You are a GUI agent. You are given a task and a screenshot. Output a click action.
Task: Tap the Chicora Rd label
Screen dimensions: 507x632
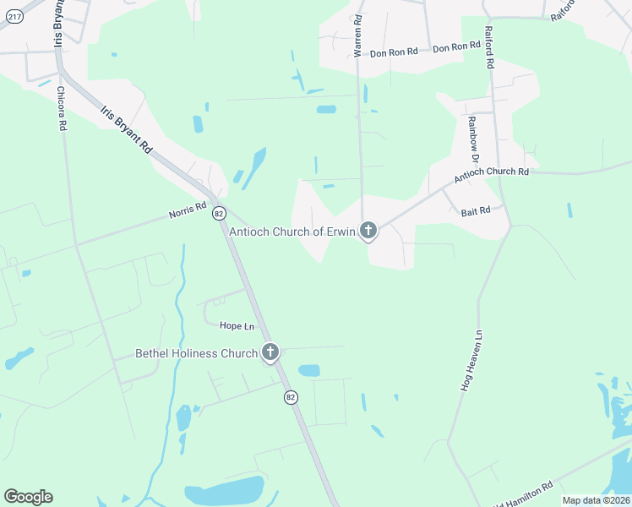[x=62, y=107]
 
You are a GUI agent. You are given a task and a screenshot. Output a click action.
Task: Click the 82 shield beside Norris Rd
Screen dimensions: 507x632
[x=219, y=212]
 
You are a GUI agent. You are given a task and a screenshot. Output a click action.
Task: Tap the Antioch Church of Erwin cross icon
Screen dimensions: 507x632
[x=368, y=229]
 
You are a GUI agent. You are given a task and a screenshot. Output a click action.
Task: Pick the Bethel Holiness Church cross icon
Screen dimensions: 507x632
[x=270, y=352]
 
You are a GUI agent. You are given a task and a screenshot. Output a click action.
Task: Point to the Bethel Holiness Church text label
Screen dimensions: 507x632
[x=196, y=353]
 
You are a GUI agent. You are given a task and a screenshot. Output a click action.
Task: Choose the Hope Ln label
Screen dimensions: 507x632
[x=237, y=325]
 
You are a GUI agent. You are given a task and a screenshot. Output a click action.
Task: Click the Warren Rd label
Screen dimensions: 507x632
[x=358, y=35]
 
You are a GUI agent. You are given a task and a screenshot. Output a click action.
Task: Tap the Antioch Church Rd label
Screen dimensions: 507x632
[x=491, y=175]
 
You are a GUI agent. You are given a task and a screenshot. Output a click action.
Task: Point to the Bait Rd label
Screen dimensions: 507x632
[x=476, y=210]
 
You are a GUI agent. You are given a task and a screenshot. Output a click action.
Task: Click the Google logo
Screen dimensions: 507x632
[x=28, y=497]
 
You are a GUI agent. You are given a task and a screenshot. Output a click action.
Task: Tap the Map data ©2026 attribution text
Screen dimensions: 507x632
[x=595, y=500]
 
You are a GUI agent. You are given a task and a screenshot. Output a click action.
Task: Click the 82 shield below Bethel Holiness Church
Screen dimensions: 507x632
[x=291, y=397]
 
